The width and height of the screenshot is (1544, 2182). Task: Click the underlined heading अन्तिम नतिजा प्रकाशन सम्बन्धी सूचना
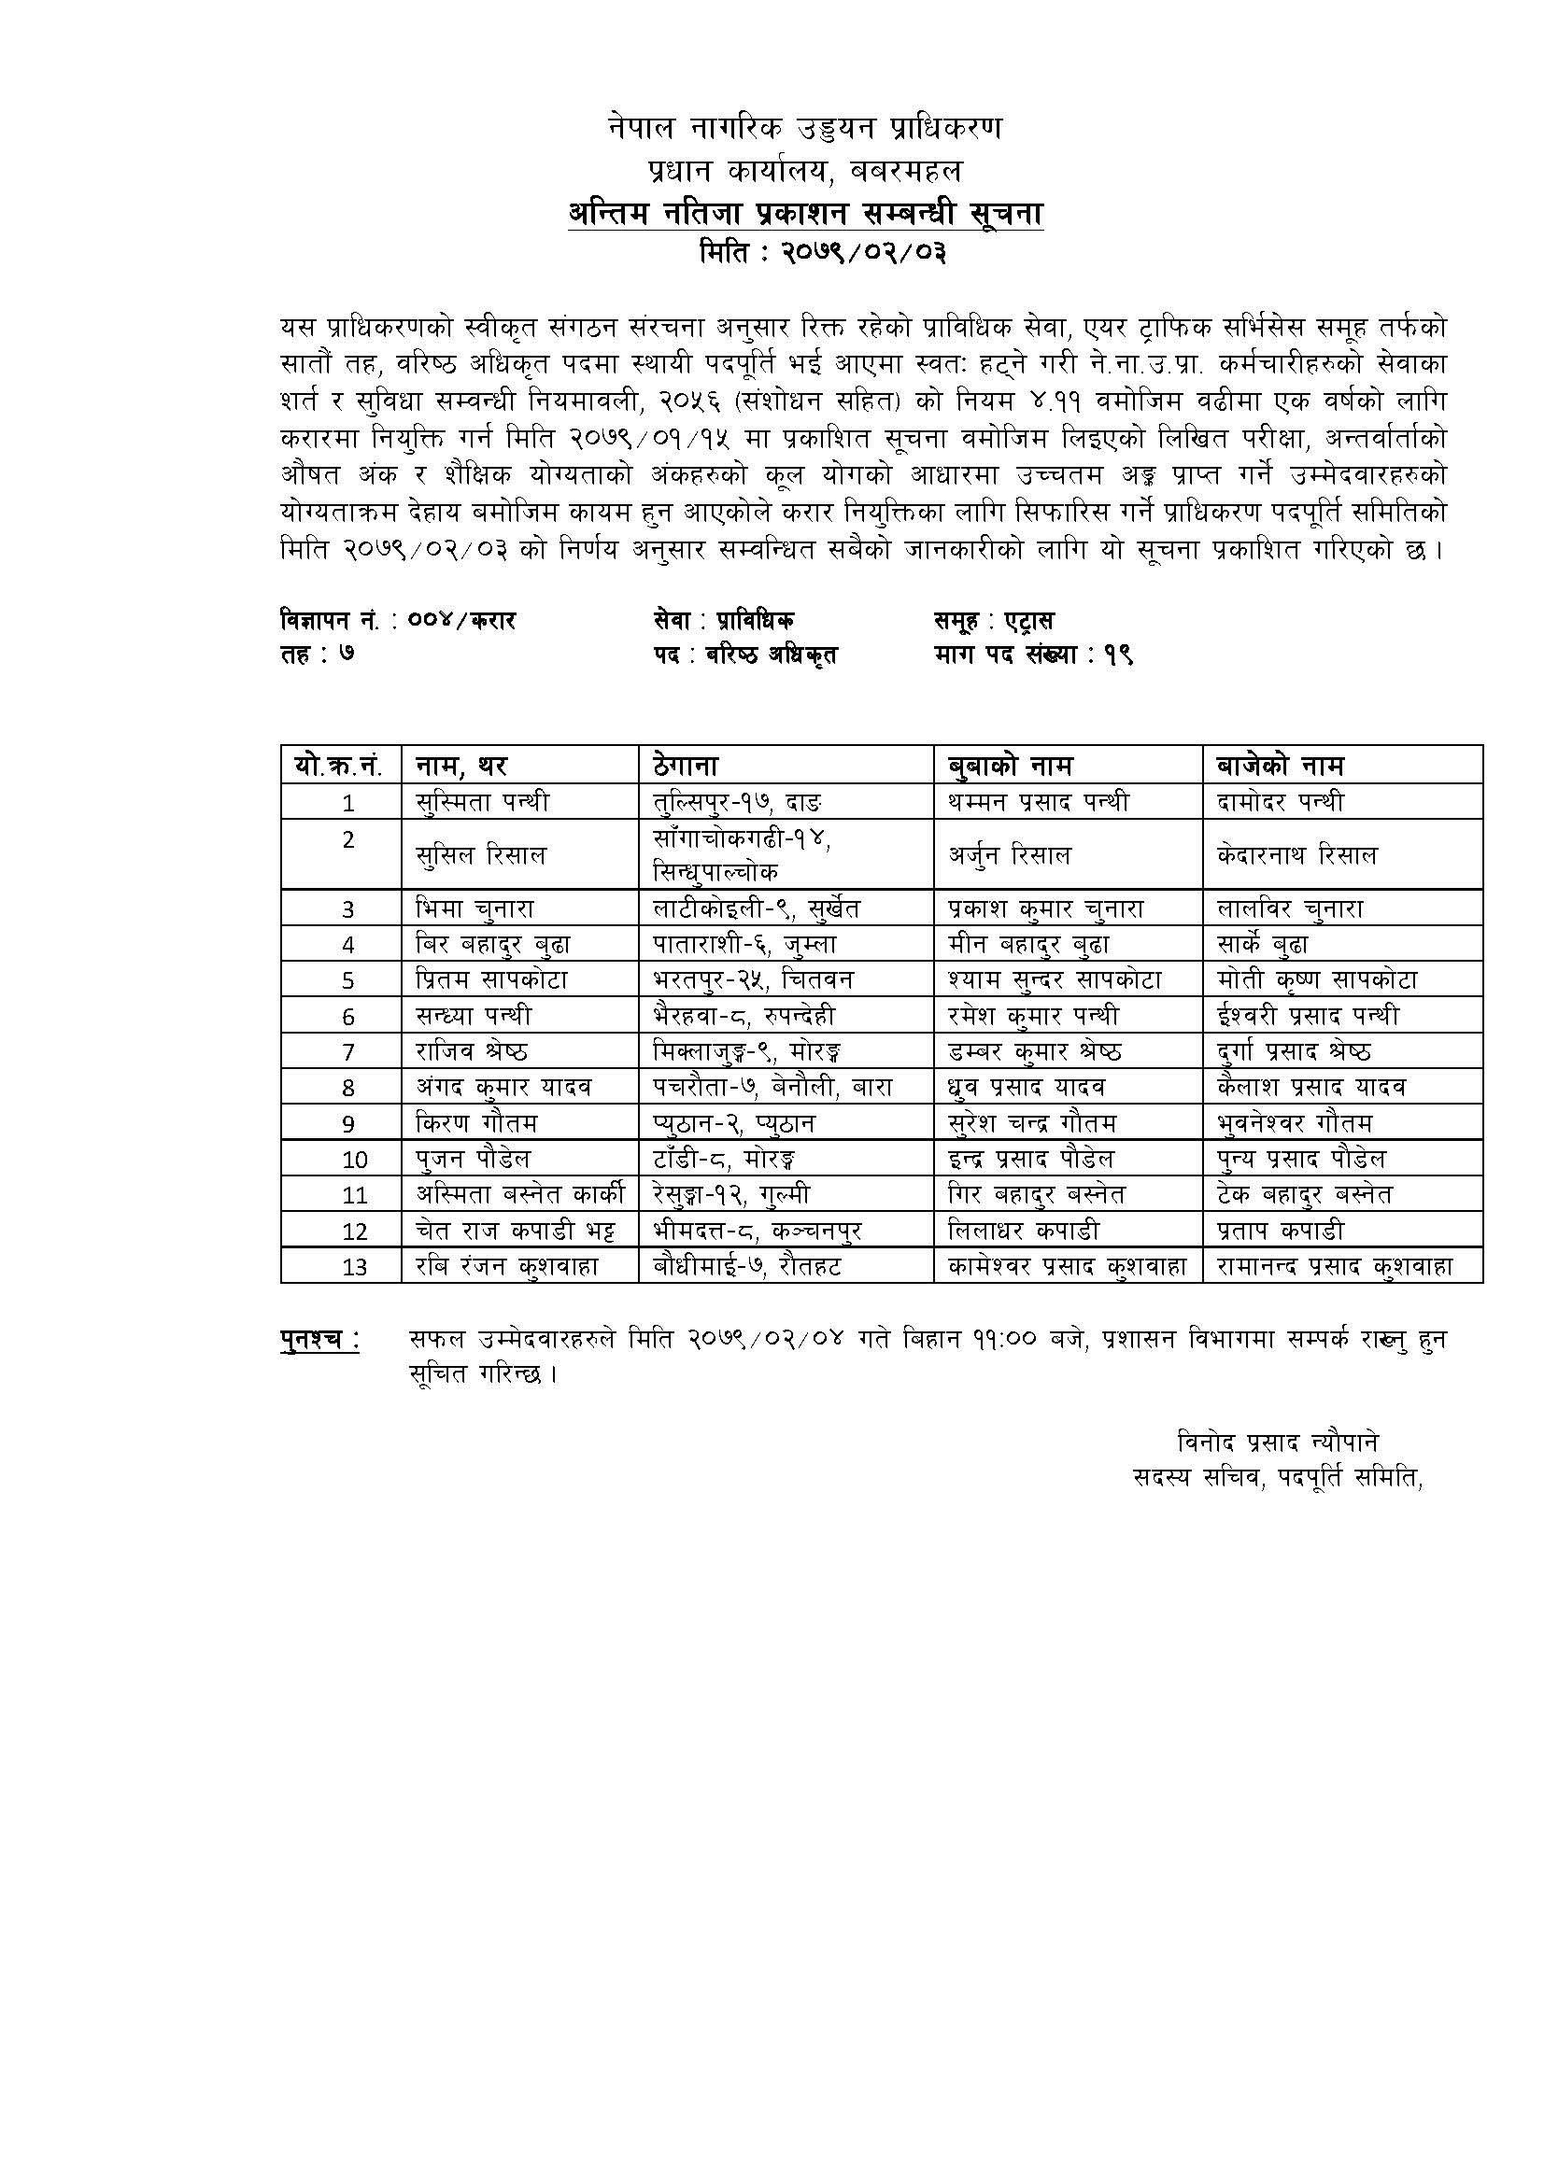[x=804, y=215]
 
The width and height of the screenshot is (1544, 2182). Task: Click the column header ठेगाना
[x=686, y=765]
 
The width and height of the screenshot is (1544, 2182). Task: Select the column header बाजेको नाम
[x=1280, y=765]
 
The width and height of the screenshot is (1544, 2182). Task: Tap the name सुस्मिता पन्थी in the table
[x=483, y=802]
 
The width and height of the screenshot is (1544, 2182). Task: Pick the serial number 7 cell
[x=348, y=1052]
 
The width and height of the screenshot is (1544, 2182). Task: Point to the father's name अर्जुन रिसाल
[x=1010, y=855]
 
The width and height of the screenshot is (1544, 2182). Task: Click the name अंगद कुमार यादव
[x=503, y=1087]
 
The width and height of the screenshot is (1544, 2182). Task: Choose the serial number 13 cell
[x=354, y=1267]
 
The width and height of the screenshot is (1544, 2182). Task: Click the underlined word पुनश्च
[x=319, y=1341]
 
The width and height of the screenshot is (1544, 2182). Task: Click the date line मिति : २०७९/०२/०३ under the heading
[x=821, y=254]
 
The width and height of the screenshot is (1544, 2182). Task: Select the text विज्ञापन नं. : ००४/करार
[x=397, y=622]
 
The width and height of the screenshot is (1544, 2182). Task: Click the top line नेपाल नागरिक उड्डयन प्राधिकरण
[x=804, y=128]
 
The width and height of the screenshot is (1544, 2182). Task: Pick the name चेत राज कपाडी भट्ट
[x=516, y=1231]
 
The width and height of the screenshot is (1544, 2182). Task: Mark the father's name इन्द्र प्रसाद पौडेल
[x=1031, y=1159]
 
